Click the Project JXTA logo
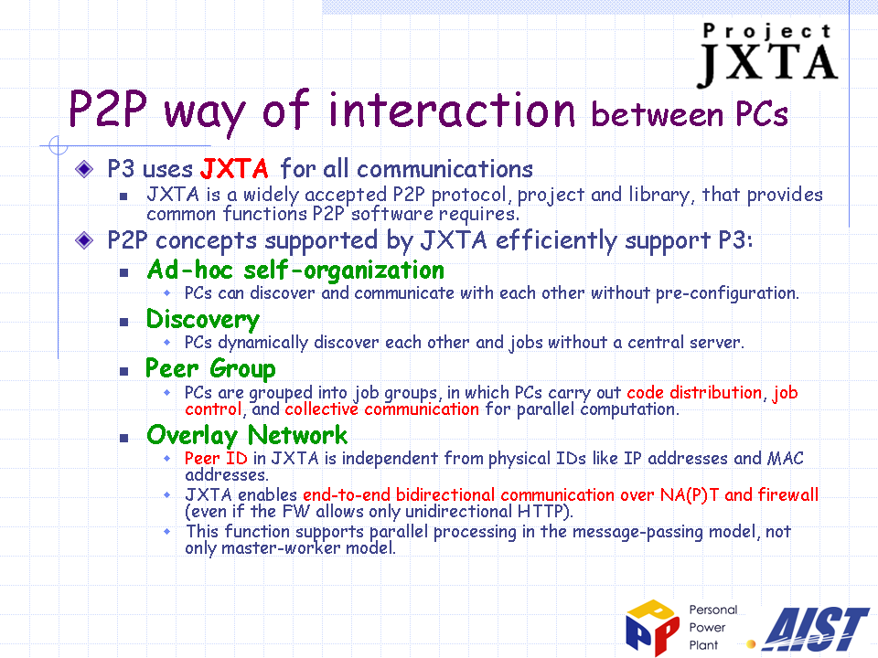767,55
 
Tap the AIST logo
815,630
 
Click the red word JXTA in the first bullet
235,168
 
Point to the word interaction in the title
451,110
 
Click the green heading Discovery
203,320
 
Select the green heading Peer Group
210,368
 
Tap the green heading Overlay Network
247,435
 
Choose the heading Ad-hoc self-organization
295,271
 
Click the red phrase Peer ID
216,458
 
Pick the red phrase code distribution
694,393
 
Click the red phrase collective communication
382,409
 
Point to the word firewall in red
787,494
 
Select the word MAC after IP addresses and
786,458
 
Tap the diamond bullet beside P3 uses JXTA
84,168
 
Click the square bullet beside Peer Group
123,371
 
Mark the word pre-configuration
726,293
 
